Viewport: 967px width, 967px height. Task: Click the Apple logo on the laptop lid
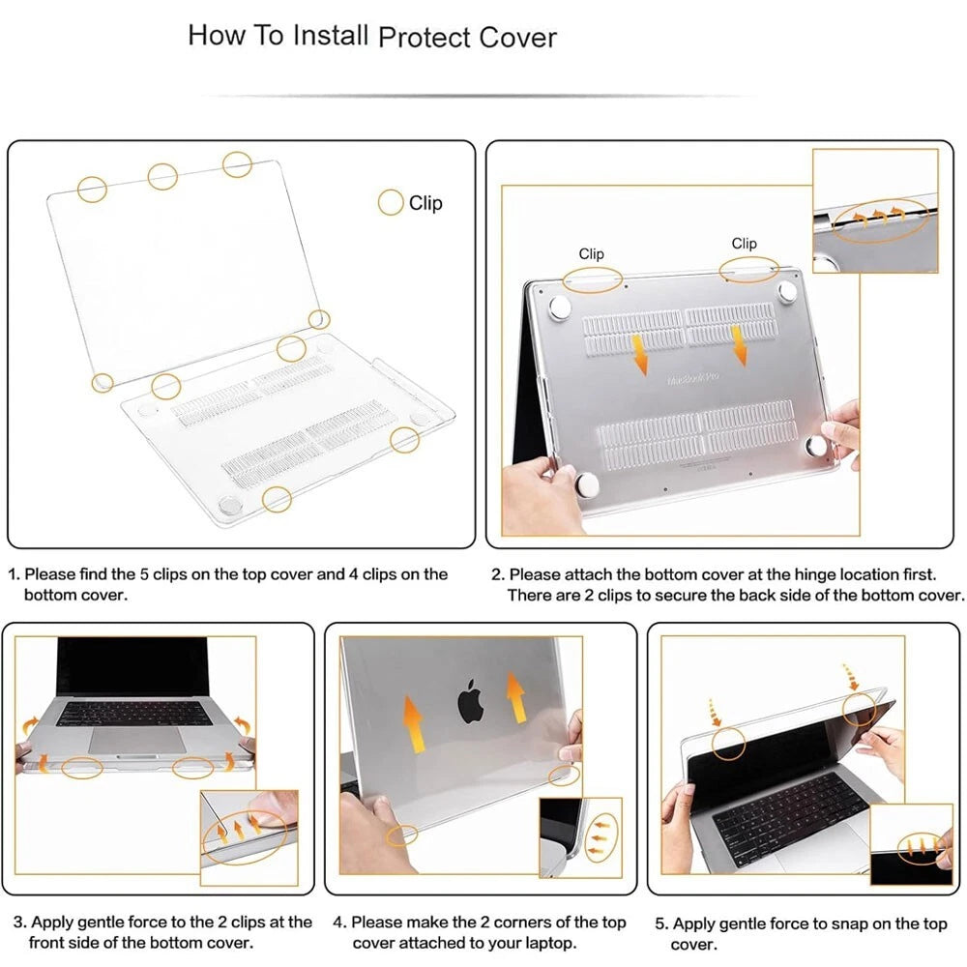[x=470, y=701]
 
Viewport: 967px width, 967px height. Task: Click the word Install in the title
[x=331, y=35]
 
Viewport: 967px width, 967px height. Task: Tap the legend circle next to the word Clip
[x=391, y=202]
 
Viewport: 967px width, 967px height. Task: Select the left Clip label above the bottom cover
[x=591, y=253]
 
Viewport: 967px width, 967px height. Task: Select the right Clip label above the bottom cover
[x=744, y=243]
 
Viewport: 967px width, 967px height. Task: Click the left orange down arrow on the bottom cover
[x=639, y=355]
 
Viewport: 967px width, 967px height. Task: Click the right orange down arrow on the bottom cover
[x=738, y=346]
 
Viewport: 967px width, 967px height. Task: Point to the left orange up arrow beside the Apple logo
[x=414, y=723]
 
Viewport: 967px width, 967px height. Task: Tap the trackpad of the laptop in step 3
[x=137, y=740]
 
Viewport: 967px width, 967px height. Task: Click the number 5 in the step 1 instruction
[x=144, y=574]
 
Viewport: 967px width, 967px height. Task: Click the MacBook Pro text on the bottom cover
[x=693, y=377]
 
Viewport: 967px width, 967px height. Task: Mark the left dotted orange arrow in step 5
[x=715, y=713]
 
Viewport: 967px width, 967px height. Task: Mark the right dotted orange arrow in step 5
[x=852, y=677]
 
